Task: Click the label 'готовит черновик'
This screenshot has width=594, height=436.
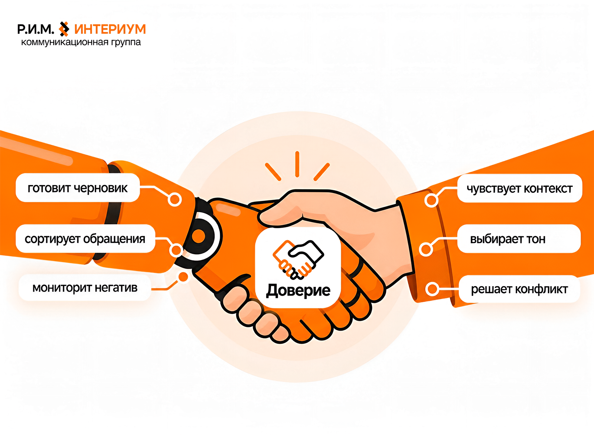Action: pyautogui.click(x=78, y=188)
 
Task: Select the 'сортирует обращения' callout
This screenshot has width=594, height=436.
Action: pyautogui.click(x=85, y=239)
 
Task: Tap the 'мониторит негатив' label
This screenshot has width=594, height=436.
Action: pyautogui.click(x=85, y=288)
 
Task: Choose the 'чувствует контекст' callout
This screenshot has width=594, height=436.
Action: pyautogui.click(x=519, y=188)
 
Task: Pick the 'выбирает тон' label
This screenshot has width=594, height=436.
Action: pyautogui.click(x=519, y=239)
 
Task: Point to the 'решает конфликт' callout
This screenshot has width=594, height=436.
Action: pyautogui.click(x=519, y=289)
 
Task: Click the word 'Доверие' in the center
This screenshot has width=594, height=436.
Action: pyautogui.click(x=298, y=291)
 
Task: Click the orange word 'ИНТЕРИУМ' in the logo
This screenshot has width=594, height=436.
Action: pyautogui.click(x=110, y=29)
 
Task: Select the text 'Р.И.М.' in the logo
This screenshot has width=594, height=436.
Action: pyautogui.click(x=36, y=29)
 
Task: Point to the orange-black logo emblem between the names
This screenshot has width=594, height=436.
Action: pyautogui.click(x=64, y=29)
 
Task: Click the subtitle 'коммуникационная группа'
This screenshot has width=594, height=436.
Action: pyautogui.click(x=81, y=42)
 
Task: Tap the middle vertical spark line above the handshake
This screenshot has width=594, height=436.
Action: pyautogui.click(x=297, y=164)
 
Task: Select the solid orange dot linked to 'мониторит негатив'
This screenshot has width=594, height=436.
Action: pyautogui.click(x=183, y=277)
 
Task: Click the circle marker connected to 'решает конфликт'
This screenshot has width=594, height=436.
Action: pyautogui.click(x=433, y=289)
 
